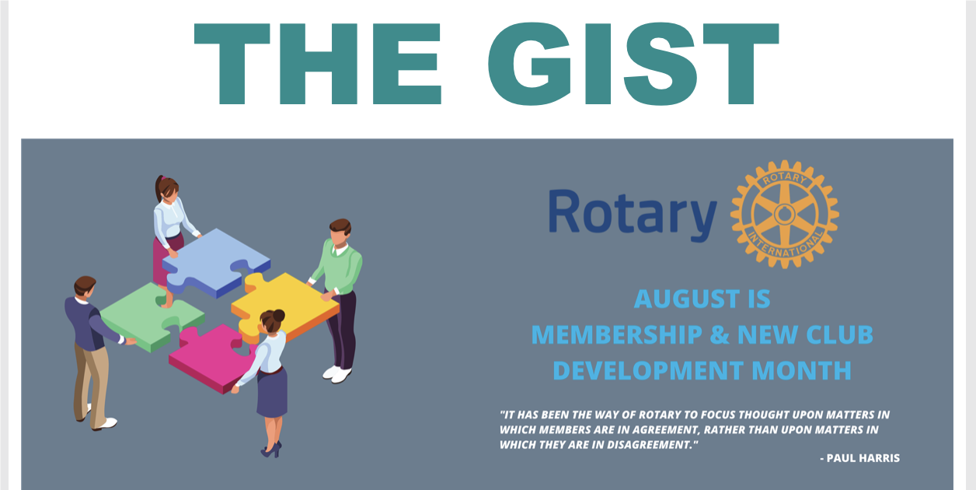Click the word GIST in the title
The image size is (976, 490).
tap(633, 64)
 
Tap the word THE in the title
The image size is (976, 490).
tap(318, 64)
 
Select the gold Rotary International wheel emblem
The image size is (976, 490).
tap(785, 214)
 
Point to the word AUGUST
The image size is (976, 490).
tap(687, 299)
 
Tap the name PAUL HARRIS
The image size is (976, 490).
tap(863, 458)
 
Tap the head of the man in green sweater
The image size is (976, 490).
tap(340, 233)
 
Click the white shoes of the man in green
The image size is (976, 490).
tap(337, 373)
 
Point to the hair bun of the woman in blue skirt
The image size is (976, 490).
tap(279, 315)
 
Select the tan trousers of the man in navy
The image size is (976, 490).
tap(91, 383)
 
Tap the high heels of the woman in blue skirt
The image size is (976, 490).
tap(271, 449)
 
